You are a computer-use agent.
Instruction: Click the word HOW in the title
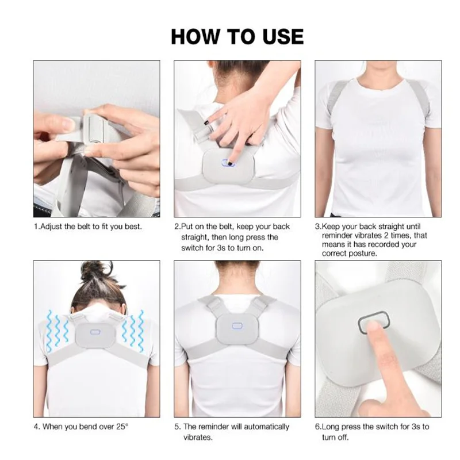click(x=193, y=36)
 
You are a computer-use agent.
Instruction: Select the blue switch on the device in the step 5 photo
click(x=236, y=325)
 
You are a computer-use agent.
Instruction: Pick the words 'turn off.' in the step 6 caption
click(x=336, y=437)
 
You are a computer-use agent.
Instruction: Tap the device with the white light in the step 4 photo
click(x=95, y=333)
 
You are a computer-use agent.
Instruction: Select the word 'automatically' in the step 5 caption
click(x=264, y=427)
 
